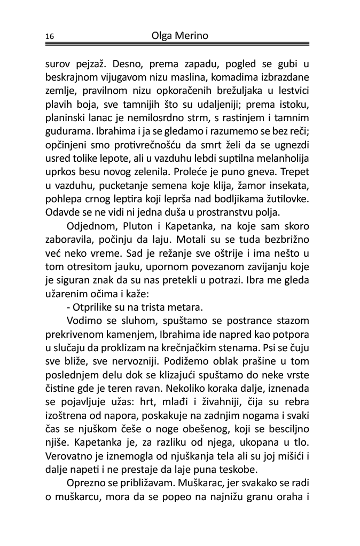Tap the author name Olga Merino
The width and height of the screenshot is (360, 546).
click(179, 35)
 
